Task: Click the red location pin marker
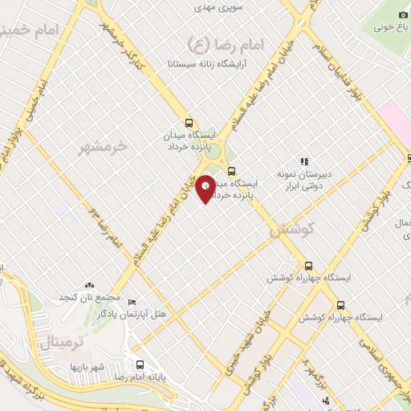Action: click(x=205, y=189)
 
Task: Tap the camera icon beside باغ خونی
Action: click(x=403, y=15)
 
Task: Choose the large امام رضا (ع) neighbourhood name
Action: click(x=207, y=43)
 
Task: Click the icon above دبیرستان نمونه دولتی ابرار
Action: click(x=303, y=162)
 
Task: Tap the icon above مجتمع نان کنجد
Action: click(x=89, y=285)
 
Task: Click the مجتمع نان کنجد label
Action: click(x=81, y=297)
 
